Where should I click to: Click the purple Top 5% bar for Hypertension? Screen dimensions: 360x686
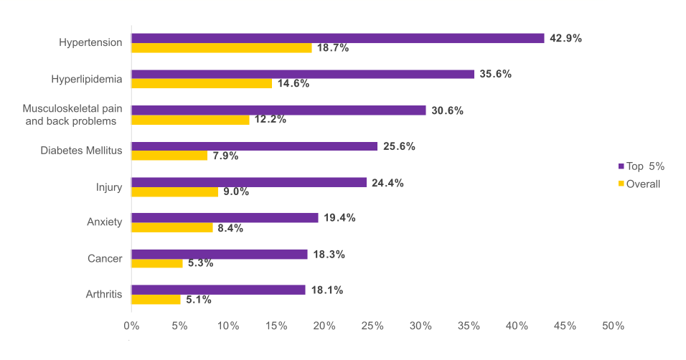(337, 38)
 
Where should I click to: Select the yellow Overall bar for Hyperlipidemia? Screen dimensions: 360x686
(202, 84)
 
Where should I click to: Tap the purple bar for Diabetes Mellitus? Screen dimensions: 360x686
(254, 146)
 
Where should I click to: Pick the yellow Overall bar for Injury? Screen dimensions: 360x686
(174, 192)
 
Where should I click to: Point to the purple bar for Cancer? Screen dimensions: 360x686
(219, 255)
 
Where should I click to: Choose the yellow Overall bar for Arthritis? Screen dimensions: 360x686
(156, 300)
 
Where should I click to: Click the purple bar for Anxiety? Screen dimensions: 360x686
(225, 218)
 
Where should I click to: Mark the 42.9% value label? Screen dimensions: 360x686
(565, 38)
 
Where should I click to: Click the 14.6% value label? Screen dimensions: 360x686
(293, 84)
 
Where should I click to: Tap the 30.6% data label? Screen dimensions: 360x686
(447, 110)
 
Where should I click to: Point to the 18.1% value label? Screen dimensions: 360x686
(327, 290)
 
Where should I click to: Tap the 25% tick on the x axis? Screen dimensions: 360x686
(372, 326)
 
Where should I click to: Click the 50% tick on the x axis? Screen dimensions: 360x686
(613, 326)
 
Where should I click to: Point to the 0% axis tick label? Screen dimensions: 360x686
(131, 326)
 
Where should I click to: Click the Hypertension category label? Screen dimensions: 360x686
(90, 43)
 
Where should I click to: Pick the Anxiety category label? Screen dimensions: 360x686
(104, 222)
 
